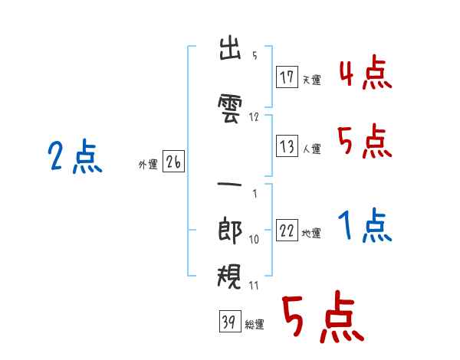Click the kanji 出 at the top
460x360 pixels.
(230, 48)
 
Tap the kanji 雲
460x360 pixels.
(230, 109)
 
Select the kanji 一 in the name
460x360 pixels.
(229, 185)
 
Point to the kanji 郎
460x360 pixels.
(230, 230)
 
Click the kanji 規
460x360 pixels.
(229, 276)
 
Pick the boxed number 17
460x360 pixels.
(287, 77)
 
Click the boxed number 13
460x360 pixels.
(287, 146)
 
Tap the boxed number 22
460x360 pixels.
(287, 230)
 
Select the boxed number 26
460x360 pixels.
(173, 162)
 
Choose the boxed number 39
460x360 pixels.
(230, 321)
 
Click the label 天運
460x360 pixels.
(311, 80)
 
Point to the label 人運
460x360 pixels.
(311, 149)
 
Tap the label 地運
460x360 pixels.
(311, 233)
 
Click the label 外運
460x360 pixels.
(148, 164)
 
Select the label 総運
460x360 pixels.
(255, 324)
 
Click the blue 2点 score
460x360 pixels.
(75, 156)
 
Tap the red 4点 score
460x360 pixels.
(366, 72)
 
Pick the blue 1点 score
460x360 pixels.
(365, 225)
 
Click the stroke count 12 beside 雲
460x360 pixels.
(254, 117)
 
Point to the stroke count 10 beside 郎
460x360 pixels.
(254, 239)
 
